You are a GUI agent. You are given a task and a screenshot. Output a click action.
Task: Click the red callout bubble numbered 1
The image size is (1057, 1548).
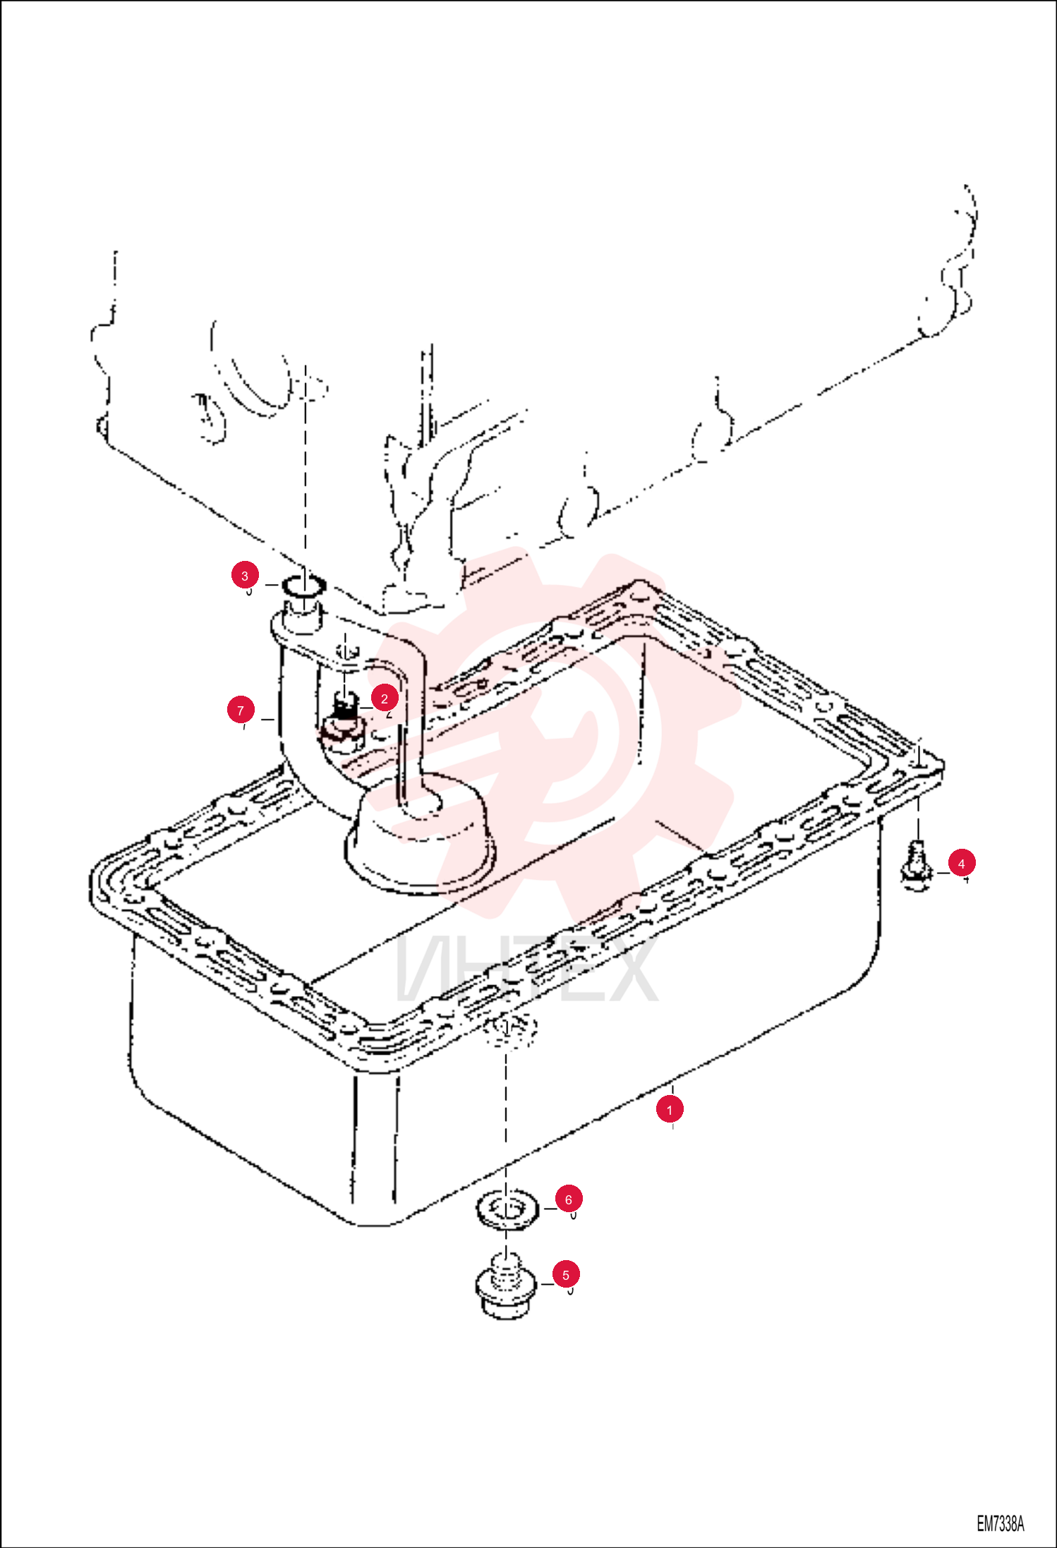[670, 1110]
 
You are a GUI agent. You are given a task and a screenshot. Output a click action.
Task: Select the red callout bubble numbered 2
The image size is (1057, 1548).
[385, 699]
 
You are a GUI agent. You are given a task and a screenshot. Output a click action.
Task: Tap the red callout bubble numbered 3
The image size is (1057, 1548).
[245, 576]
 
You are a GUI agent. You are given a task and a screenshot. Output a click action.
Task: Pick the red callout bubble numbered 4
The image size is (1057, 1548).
[962, 863]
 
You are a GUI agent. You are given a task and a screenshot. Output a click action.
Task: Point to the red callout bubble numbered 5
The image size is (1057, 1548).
[566, 1275]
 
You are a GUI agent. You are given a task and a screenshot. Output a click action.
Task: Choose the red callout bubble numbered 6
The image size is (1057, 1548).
[569, 1199]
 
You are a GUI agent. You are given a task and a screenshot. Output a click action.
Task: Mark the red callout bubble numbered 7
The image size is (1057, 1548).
[241, 710]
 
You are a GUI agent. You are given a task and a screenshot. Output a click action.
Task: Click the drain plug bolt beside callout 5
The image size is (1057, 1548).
[505, 1288]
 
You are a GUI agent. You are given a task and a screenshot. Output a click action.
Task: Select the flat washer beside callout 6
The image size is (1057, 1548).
[507, 1211]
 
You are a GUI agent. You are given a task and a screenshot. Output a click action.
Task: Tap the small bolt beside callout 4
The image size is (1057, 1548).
[916, 866]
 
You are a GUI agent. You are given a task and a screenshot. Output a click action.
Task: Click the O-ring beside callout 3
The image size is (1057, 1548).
[303, 585]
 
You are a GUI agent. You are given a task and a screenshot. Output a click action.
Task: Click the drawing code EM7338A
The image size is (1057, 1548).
[1000, 1524]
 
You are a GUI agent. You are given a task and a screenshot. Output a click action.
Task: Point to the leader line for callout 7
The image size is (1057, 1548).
[267, 719]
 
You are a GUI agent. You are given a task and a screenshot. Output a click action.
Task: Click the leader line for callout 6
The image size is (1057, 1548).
[550, 1209]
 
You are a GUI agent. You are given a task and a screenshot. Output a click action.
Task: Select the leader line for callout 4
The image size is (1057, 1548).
[943, 873]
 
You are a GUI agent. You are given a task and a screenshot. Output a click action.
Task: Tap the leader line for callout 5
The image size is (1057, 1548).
[548, 1284]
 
